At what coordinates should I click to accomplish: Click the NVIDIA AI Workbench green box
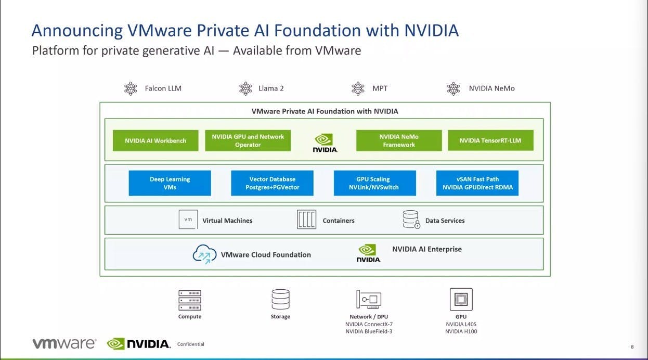pos(155,140)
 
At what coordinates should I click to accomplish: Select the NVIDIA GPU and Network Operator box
pos(248,140)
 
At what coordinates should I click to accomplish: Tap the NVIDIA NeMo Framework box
pos(399,140)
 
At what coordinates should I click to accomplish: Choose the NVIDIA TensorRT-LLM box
pos(490,140)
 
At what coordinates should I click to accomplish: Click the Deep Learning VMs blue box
pos(170,183)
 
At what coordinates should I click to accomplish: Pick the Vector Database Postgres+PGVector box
pos(272,183)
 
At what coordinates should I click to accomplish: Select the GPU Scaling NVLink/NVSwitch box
pos(375,183)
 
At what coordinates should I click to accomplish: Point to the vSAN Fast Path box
pos(477,183)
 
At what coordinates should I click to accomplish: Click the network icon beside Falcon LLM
pos(131,88)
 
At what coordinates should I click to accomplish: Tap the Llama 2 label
pos(271,88)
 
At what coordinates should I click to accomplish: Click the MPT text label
pos(380,88)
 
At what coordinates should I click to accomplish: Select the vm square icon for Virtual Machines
pos(188,220)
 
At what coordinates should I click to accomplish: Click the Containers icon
pos(307,220)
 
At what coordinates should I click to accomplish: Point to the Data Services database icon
pos(411,220)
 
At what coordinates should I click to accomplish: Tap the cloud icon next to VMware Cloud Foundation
pos(204,254)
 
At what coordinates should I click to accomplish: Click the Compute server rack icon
pos(190,300)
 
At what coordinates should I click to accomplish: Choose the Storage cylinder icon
pos(280,300)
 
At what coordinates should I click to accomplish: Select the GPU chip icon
pos(461,299)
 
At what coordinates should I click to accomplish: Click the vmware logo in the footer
pos(64,343)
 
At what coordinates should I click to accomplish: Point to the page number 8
pos(632,346)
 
